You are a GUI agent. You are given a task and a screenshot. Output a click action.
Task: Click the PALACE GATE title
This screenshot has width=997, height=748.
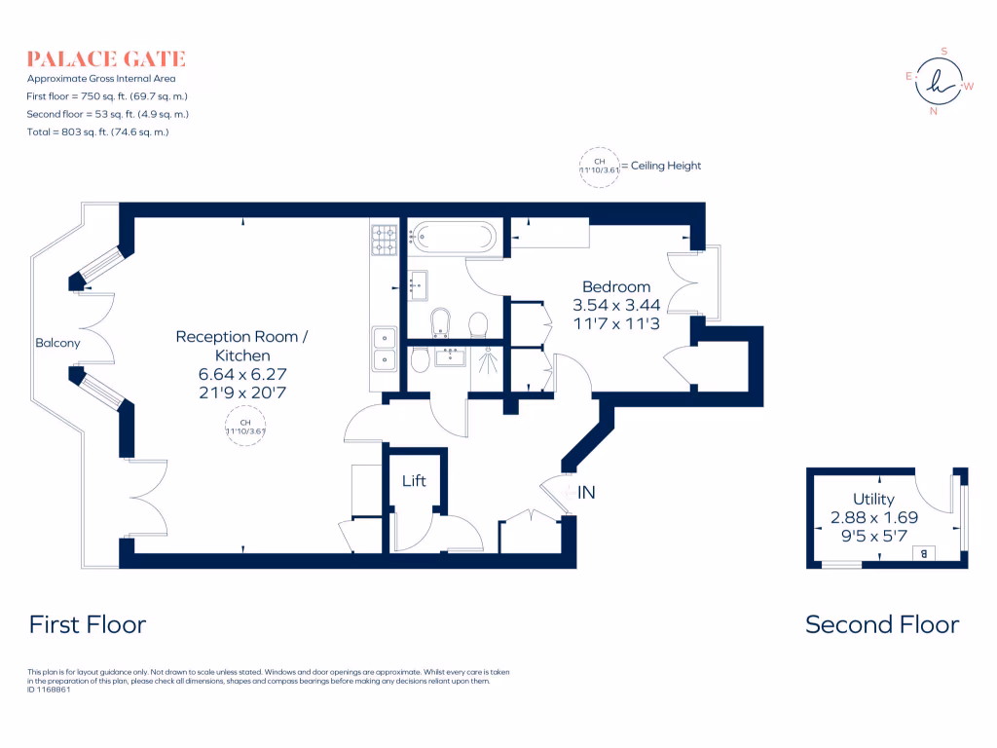point(106,59)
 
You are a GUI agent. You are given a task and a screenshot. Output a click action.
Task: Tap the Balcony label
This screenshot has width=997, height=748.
point(57,343)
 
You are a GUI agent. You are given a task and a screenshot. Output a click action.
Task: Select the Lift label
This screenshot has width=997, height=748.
point(414,481)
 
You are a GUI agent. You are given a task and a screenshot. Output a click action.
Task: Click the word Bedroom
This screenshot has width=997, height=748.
point(615,286)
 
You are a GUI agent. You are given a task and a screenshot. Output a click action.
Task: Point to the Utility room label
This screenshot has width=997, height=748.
point(873,500)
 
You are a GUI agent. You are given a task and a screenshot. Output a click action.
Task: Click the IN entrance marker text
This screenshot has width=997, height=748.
point(586,494)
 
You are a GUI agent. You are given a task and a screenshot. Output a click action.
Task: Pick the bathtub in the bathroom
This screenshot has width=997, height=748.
point(454,236)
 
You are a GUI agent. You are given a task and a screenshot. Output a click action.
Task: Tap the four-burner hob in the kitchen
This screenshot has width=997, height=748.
point(383,240)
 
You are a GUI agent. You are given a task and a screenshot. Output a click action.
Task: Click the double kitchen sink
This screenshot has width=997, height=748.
point(384,349)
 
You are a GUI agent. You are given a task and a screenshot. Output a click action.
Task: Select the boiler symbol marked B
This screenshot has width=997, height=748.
point(923,554)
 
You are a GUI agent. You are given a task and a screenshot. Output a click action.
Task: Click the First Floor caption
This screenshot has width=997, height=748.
point(88,624)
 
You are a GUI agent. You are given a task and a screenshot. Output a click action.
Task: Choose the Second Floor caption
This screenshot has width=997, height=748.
point(882,624)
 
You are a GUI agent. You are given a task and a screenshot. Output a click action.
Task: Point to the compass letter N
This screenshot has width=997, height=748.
point(934,110)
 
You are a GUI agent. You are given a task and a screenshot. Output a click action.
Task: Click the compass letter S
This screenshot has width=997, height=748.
point(942,53)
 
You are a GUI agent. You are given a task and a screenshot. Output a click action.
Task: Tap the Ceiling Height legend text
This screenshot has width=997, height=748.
point(666,166)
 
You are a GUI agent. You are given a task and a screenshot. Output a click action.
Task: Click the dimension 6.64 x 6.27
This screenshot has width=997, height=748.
point(241,374)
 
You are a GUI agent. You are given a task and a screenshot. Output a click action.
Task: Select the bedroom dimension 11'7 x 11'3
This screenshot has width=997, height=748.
point(615,323)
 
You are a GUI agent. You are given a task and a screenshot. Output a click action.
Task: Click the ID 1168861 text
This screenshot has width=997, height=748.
point(50,689)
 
